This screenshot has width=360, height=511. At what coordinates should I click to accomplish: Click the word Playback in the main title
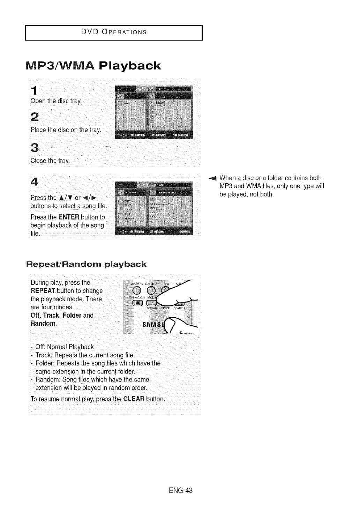coord(130,66)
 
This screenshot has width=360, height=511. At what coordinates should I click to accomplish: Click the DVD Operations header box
coord(114,32)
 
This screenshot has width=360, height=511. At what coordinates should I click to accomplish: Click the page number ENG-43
coord(180,490)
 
